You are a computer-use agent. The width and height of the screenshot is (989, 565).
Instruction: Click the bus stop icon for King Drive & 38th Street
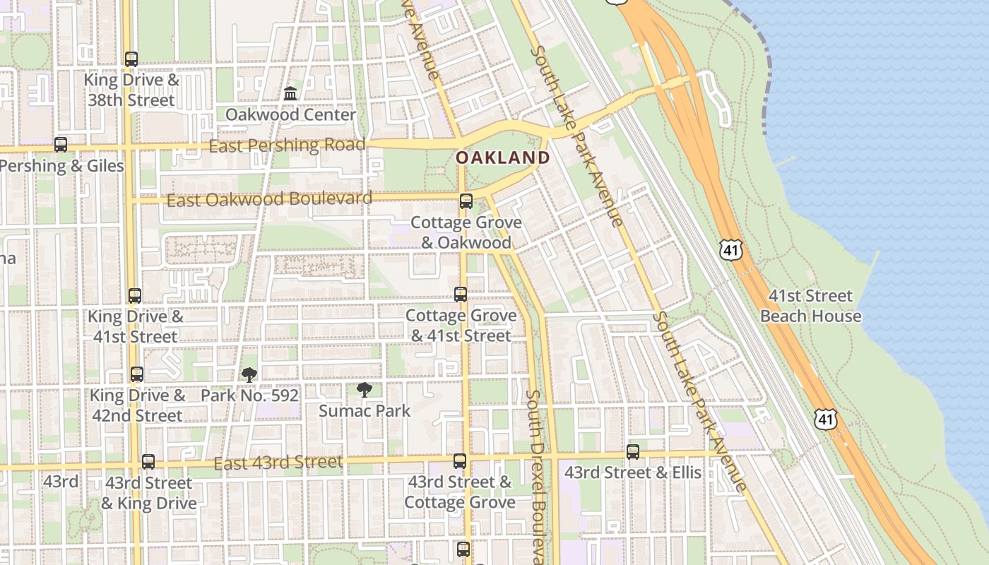coord(131,59)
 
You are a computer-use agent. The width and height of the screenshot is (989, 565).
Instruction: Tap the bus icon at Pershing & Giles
coord(61,145)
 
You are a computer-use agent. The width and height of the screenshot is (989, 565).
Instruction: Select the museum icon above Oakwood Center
coord(290,93)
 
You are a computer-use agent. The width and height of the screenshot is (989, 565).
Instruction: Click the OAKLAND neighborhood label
coord(502,157)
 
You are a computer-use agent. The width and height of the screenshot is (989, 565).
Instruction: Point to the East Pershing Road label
coord(287,145)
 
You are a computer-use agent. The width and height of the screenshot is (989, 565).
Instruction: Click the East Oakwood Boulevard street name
coord(269,199)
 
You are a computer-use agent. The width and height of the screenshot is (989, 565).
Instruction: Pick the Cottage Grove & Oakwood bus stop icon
coord(466,201)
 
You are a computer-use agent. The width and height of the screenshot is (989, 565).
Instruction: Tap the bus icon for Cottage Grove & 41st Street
coord(461,295)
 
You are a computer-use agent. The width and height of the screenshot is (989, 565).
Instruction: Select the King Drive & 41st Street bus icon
coord(135,296)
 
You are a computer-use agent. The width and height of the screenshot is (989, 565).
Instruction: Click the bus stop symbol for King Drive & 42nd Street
coord(137,374)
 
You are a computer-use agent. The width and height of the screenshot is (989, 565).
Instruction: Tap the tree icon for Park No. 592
coord(249,375)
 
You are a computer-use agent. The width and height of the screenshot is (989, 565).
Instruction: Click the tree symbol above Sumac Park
coord(365,390)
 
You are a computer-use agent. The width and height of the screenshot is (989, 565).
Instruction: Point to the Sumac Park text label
coord(365,410)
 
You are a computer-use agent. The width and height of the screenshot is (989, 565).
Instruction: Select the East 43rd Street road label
coord(278,463)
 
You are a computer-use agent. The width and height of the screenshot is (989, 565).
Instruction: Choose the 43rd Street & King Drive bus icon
coord(148,462)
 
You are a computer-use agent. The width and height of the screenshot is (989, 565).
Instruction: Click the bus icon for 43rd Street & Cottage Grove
coord(460,462)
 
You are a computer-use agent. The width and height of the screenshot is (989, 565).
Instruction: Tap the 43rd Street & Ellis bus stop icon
coord(633,452)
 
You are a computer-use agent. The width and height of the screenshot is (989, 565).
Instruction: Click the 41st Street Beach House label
coord(810,306)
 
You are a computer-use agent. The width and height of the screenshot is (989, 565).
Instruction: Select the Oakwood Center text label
coord(290,114)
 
